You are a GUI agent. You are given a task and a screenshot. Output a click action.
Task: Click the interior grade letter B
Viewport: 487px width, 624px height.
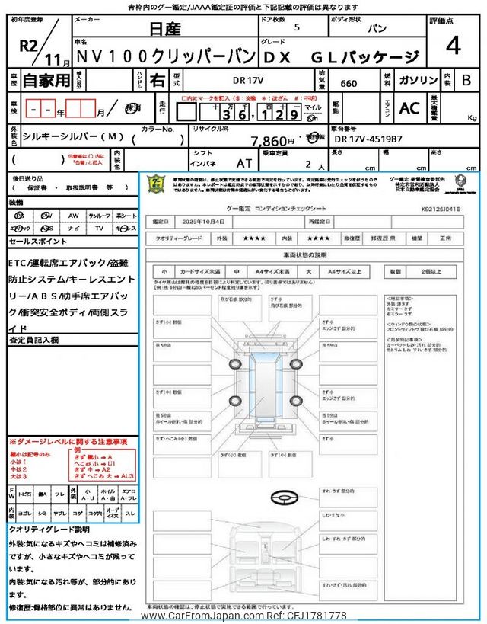(466, 78)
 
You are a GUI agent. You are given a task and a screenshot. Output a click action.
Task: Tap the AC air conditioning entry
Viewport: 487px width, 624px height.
(409, 109)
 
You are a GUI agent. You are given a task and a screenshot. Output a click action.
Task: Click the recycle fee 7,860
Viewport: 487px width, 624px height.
(271, 141)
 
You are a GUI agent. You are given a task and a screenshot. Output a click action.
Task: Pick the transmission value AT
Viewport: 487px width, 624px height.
(243, 163)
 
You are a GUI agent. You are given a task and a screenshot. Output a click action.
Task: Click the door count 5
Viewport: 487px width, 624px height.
(297, 27)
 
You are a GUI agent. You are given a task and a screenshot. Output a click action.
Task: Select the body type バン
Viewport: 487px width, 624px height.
(374, 27)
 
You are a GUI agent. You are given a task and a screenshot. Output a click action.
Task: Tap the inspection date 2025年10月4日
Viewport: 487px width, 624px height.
(203, 222)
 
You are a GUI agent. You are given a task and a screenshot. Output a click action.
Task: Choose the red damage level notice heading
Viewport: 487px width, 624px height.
(68, 442)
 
